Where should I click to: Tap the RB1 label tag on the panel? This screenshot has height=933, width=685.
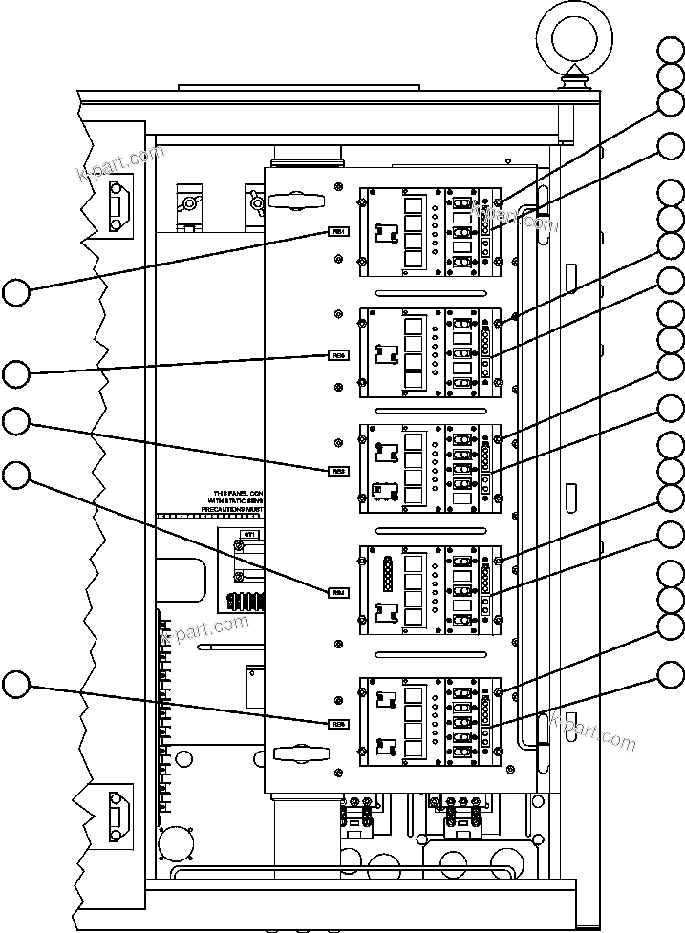(338, 231)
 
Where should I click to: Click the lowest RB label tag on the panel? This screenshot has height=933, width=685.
(338, 723)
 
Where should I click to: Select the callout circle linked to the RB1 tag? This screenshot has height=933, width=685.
(16, 291)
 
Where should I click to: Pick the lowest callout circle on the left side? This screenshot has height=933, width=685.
(16, 684)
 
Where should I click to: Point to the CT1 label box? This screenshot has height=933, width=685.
(249, 534)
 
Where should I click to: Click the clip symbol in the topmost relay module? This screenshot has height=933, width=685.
(386, 232)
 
